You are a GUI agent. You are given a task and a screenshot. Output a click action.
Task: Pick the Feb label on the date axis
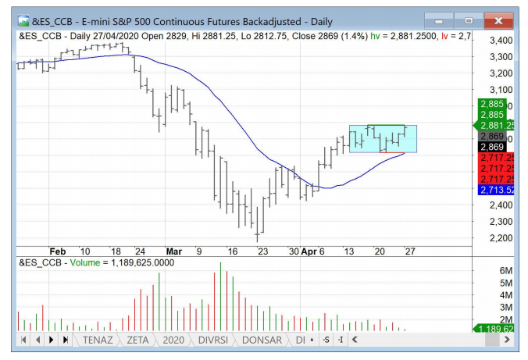coord(58,252)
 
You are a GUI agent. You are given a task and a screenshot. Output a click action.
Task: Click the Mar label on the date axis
coord(173,252)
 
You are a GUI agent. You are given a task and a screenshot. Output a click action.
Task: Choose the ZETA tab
coord(137,340)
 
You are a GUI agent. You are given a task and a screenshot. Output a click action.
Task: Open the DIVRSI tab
coord(215,340)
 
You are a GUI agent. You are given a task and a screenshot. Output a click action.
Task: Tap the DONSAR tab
coord(262,340)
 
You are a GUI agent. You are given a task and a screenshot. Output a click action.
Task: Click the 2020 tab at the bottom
coord(173,340)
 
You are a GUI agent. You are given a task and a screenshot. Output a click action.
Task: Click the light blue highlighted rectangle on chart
coord(383,139)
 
